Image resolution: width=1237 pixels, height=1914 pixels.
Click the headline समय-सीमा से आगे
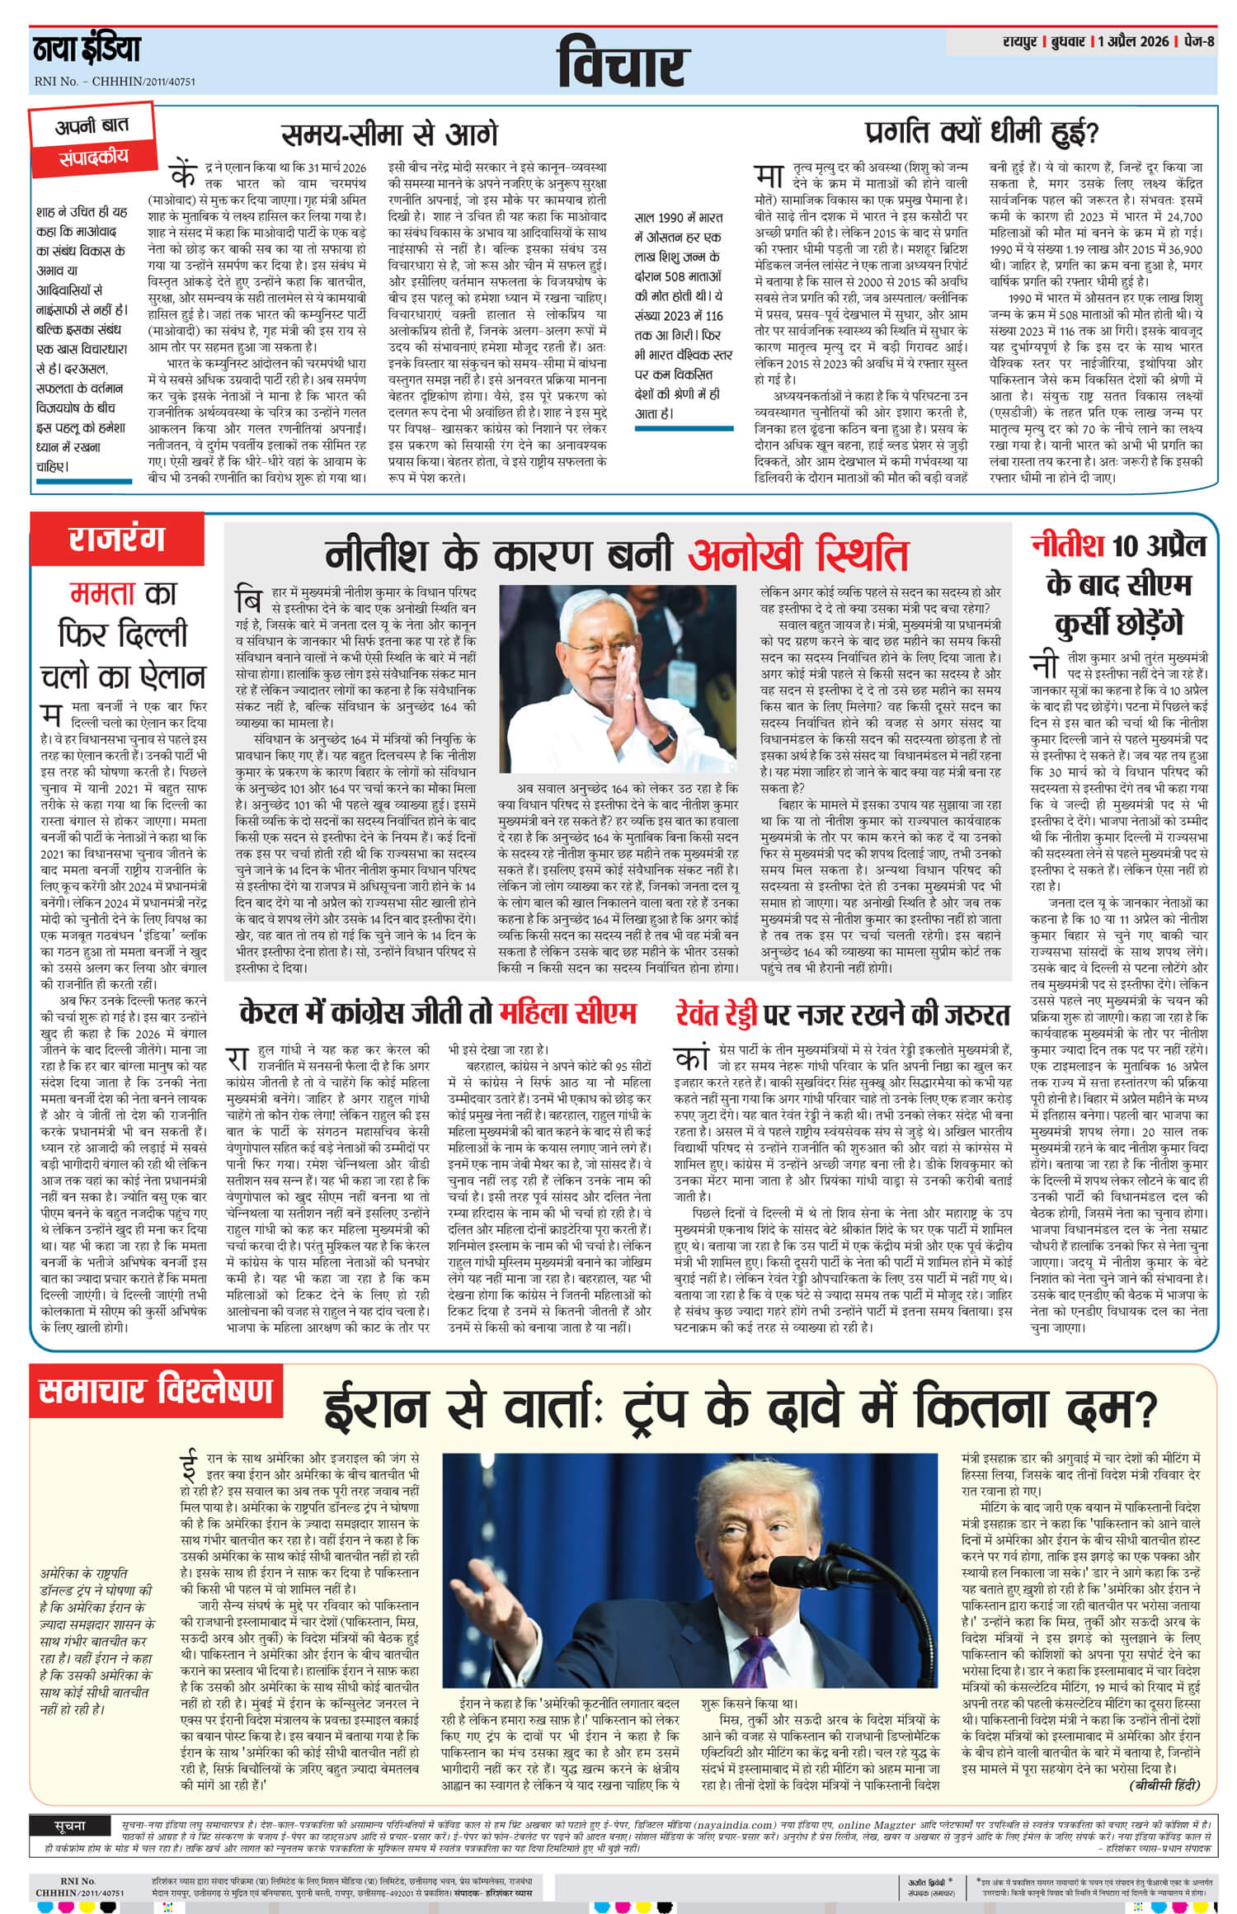coord(390,134)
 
